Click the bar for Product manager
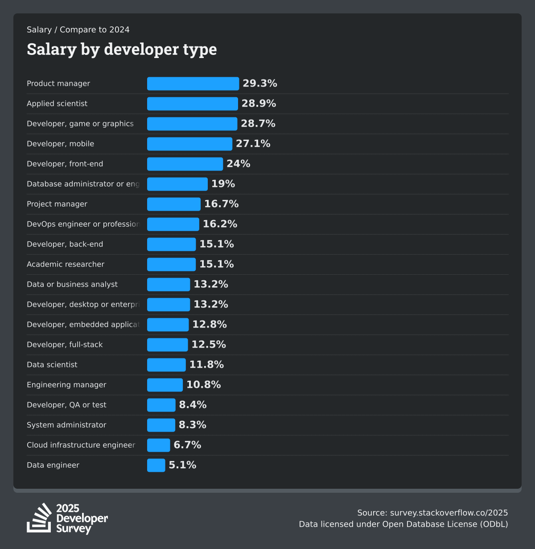click(193, 83)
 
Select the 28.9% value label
click(259, 104)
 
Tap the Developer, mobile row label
click(60, 144)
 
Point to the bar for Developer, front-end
click(185, 164)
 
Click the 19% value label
click(223, 184)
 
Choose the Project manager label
click(57, 204)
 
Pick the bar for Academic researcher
click(171, 264)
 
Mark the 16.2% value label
click(220, 224)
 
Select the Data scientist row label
click(52, 365)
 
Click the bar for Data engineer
click(156, 465)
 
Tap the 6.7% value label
click(187, 445)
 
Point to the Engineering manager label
click(66, 385)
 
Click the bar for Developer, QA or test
click(161, 405)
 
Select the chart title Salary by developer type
click(122, 49)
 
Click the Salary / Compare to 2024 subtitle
click(78, 30)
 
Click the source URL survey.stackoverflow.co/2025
click(449, 513)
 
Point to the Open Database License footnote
click(403, 524)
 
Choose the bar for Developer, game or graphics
click(192, 124)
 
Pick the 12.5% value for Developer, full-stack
click(209, 345)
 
